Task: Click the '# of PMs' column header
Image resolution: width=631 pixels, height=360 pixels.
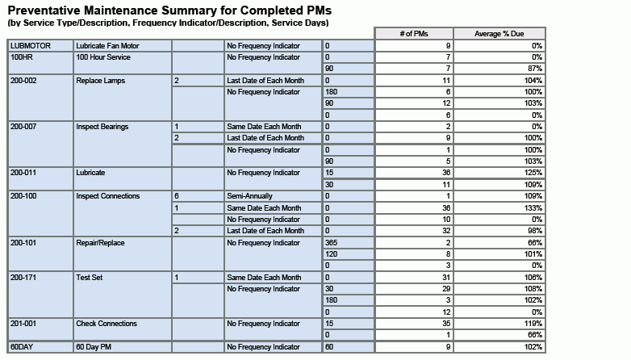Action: [x=413, y=33]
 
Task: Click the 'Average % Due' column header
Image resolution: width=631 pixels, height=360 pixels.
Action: [x=498, y=33]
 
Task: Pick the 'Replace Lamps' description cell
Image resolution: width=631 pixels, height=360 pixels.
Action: [x=101, y=81]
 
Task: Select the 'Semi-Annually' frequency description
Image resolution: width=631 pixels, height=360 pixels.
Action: [x=250, y=196]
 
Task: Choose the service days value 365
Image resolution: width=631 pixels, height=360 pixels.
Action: [x=332, y=243]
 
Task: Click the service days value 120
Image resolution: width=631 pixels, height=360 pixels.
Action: [x=332, y=254]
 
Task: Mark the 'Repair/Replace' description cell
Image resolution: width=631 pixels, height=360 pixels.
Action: [x=101, y=243]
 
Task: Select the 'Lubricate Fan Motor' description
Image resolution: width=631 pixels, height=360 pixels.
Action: [x=107, y=46]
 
